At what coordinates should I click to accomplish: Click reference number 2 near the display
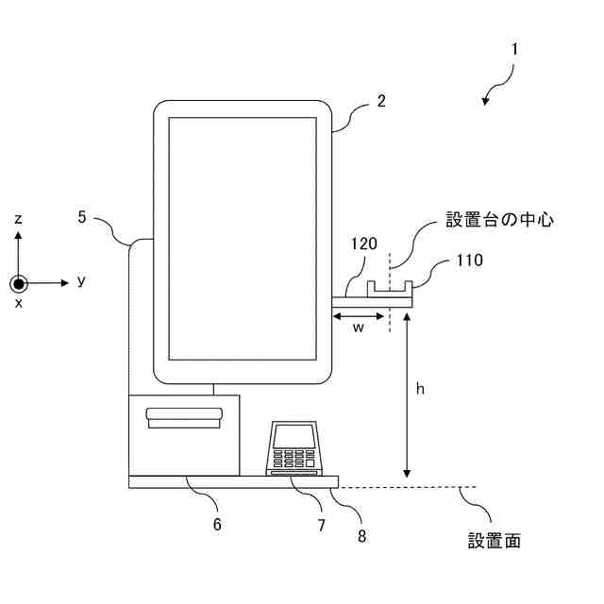tap(380, 102)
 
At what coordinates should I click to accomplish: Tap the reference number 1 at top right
tap(514, 48)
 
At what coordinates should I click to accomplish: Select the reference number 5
tap(82, 216)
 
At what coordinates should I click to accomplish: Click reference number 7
tap(321, 525)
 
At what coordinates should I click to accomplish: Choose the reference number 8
tap(362, 535)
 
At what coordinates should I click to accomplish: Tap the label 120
tap(364, 244)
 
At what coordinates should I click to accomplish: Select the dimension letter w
tap(359, 327)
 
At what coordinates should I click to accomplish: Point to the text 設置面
tap(495, 541)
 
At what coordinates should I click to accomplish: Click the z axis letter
tap(18, 219)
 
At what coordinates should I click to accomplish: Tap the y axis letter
tap(82, 280)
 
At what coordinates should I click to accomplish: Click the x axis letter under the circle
tap(18, 303)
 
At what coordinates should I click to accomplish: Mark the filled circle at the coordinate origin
tap(19, 282)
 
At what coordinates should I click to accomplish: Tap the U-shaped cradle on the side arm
tap(390, 287)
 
